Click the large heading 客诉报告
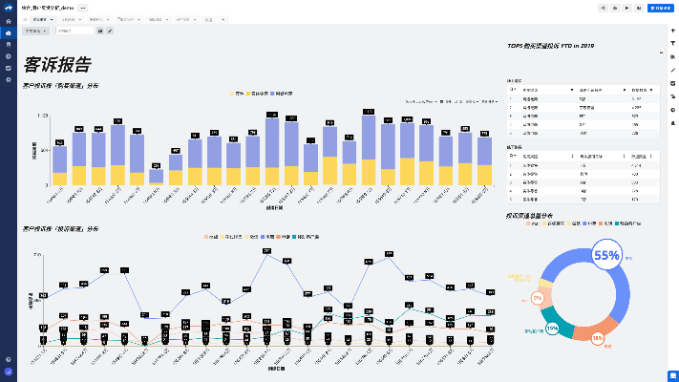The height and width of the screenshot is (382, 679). (58, 66)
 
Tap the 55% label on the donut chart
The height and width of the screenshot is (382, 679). (607, 255)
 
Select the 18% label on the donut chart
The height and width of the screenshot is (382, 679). (597, 338)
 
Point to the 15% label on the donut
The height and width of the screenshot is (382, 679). (552, 328)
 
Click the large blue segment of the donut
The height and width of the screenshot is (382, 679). (640, 286)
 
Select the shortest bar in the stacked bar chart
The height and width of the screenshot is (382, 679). (157, 176)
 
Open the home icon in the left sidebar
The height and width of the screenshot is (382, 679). (9, 32)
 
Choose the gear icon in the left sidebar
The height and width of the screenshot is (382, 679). (9, 79)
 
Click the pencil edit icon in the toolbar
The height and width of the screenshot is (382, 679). (110, 31)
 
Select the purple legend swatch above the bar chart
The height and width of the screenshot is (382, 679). (270, 95)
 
